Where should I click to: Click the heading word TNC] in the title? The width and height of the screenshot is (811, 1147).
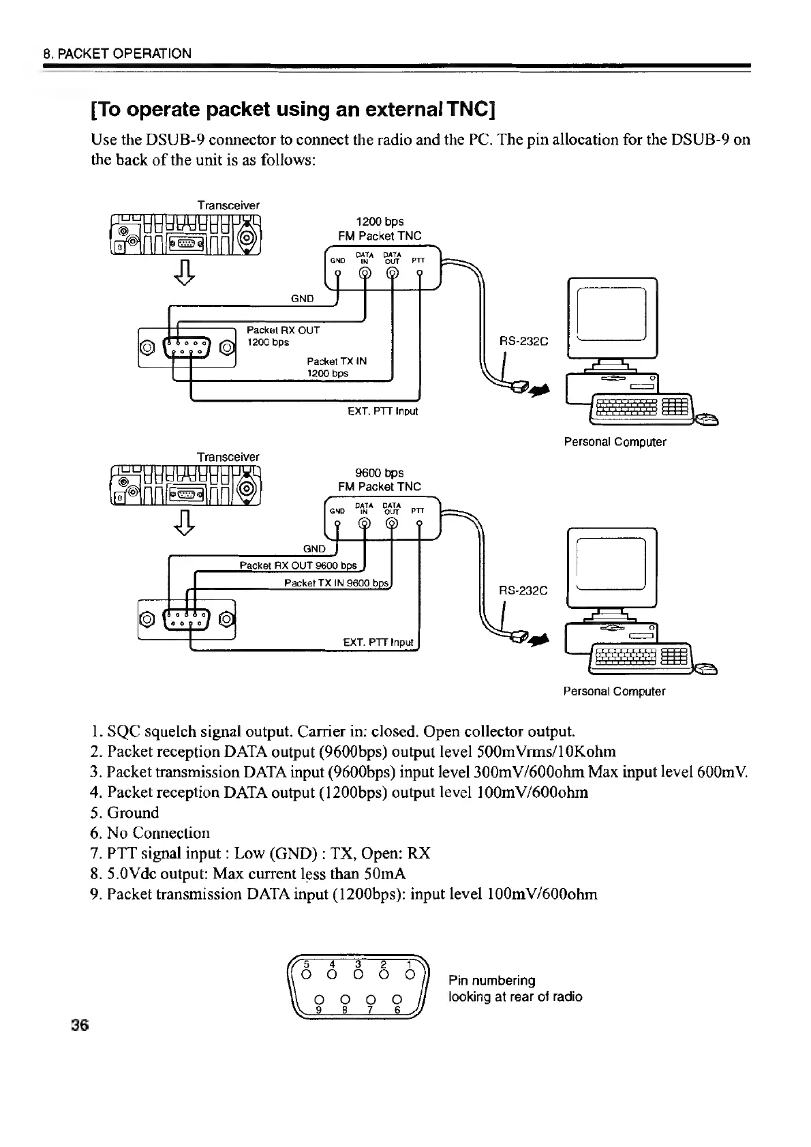(467, 109)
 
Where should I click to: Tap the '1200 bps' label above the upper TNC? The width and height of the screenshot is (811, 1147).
(380, 222)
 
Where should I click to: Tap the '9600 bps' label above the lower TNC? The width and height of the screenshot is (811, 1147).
(380, 473)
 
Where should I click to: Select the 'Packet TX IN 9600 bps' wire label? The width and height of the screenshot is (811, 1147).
(336, 583)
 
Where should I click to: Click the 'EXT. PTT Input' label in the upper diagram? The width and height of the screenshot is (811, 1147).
(382, 411)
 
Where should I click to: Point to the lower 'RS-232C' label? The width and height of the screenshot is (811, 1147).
(523, 591)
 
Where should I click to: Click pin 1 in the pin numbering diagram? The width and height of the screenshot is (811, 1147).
(410, 974)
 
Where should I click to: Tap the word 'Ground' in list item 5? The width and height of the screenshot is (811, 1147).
(133, 813)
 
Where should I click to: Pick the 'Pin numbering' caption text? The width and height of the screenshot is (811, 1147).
(491, 981)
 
